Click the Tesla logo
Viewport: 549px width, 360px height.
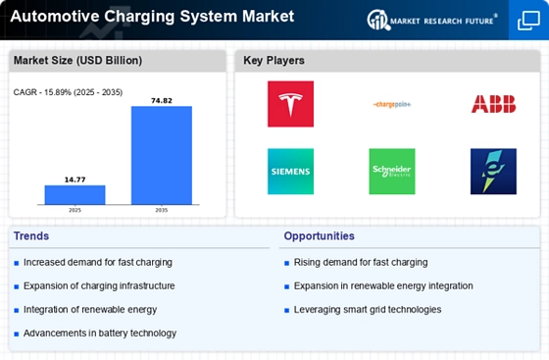click(290, 104)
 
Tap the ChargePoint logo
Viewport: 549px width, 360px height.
click(392, 104)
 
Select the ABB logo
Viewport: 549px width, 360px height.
click(493, 104)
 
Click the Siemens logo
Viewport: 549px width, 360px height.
click(290, 172)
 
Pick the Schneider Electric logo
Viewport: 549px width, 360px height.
click(392, 172)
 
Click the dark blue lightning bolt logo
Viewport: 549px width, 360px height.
click(493, 172)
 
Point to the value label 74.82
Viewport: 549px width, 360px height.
click(162, 100)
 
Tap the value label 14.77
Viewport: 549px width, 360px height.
click(75, 179)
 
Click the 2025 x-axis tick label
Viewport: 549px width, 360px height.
click(75, 210)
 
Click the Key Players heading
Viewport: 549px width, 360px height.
click(274, 61)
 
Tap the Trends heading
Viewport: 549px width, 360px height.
click(32, 236)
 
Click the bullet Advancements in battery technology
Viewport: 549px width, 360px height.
click(100, 334)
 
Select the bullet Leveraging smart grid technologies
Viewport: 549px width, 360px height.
click(367, 310)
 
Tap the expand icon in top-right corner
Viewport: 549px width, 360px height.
click(527, 21)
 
